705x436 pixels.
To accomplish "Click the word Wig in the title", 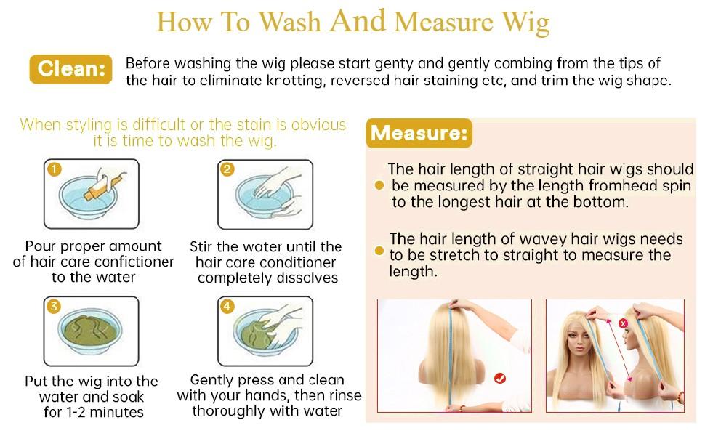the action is [x=525, y=23].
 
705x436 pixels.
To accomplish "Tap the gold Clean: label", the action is [x=70, y=69].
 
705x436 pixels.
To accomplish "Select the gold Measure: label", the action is [x=419, y=133].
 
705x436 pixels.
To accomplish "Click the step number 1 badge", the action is [x=55, y=169].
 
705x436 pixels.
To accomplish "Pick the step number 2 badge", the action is [x=227, y=169].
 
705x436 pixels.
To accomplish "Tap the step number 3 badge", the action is [x=54, y=307].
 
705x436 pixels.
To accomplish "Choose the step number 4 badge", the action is [x=227, y=307].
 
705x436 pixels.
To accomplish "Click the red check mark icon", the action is [x=499, y=379].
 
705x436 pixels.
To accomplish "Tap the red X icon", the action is [x=623, y=323].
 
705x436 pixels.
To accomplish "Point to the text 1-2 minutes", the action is [x=105, y=412].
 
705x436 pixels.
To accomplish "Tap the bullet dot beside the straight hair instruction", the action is [x=379, y=185].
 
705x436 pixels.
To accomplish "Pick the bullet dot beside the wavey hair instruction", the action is [x=379, y=251].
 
